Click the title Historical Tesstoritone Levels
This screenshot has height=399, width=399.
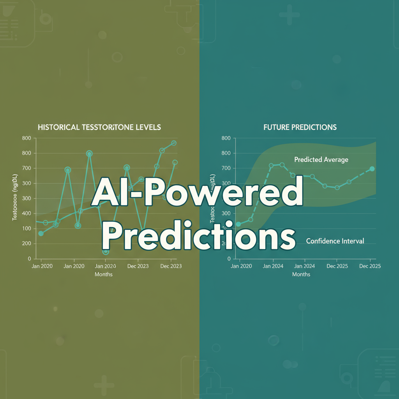(99, 127)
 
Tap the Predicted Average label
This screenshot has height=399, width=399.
(321, 159)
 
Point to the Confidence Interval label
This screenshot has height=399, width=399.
(335, 241)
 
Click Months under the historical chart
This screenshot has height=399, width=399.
(104, 274)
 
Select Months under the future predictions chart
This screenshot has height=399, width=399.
(301, 274)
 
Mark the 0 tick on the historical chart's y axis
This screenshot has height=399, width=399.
(29, 259)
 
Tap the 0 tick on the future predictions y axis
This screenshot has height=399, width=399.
(229, 259)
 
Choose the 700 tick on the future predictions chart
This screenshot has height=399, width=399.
(226, 168)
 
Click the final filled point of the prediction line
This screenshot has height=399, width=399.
(372, 169)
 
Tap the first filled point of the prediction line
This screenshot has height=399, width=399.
(238, 224)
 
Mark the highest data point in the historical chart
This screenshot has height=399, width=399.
(174, 143)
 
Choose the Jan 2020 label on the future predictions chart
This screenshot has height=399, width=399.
(241, 266)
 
